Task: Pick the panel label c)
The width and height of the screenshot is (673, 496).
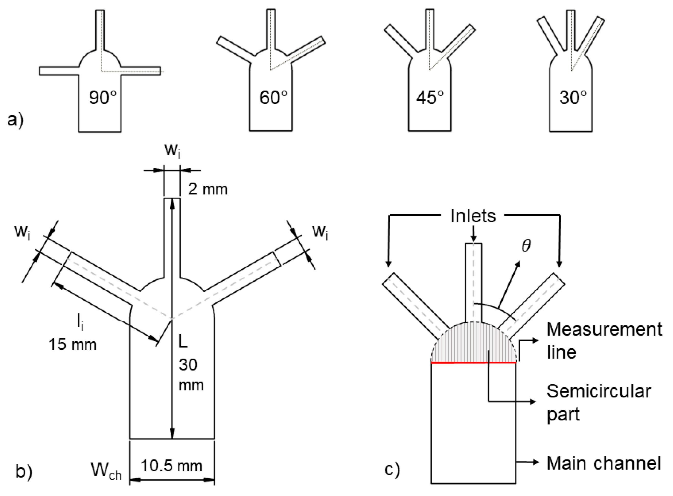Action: (x=392, y=469)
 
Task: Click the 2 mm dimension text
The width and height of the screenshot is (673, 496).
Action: (x=208, y=189)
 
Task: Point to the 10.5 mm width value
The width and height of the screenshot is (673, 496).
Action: (x=171, y=466)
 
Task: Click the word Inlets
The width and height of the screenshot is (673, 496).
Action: (x=473, y=216)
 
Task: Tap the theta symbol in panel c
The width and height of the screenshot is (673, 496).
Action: (x=526, y=246)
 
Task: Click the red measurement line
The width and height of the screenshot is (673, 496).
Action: (x=473, y=363)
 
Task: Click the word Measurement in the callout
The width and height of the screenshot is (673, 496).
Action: (x=604, y=329)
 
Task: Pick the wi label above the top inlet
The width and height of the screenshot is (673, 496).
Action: (x=172, y=150)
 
